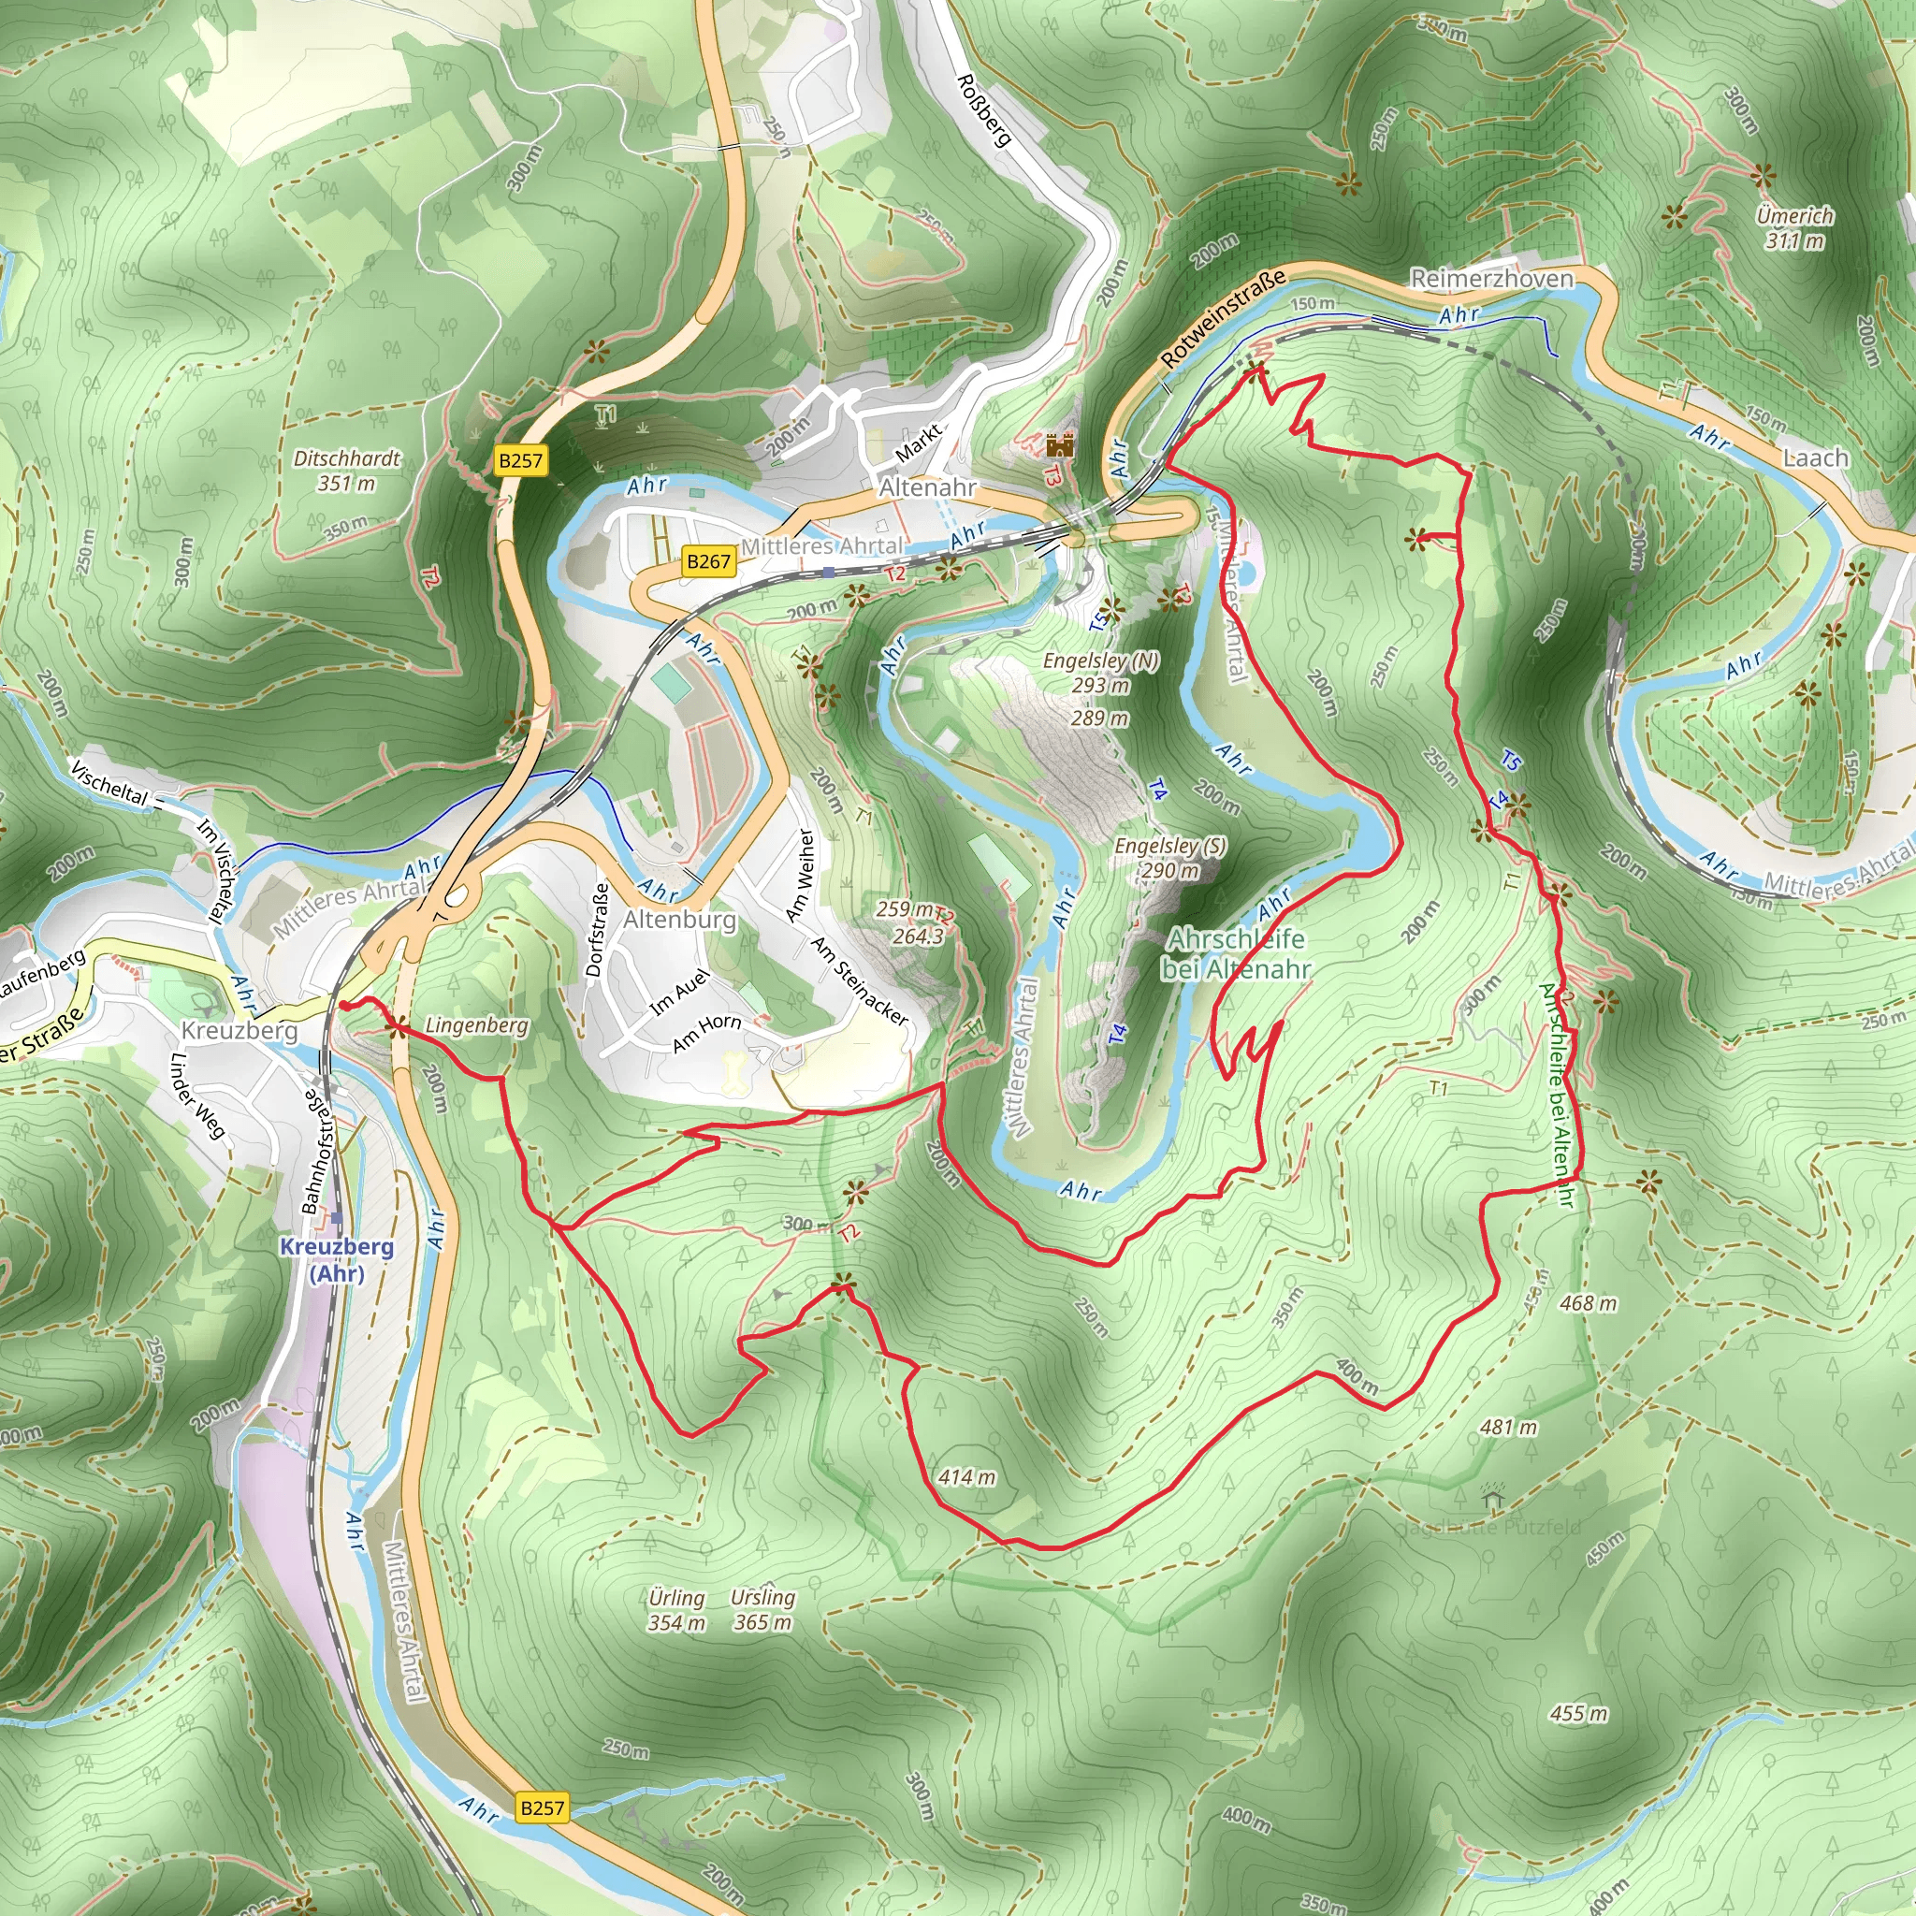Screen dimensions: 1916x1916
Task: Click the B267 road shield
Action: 708,561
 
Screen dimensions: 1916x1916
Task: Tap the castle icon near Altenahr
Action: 1060,444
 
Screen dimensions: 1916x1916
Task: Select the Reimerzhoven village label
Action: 1491,279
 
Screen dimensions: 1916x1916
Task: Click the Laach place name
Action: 1816,457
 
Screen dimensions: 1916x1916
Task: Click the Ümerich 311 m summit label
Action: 1794,228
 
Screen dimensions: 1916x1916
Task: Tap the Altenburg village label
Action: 680,920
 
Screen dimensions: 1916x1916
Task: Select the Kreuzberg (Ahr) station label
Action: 337,1259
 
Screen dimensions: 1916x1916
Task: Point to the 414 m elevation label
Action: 967,1476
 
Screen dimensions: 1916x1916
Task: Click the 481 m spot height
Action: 1508,1427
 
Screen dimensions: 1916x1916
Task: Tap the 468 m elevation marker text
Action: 1588,1303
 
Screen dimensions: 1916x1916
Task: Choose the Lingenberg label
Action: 476,1025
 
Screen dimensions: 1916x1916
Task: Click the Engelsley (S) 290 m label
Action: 1170,858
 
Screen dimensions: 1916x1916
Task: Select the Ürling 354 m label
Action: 676,1609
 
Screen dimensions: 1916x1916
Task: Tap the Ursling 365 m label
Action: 762,1609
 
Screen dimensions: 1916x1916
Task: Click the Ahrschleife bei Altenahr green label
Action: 1237,953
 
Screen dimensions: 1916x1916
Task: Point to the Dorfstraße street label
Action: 596,930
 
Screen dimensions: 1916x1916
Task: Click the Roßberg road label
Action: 984,110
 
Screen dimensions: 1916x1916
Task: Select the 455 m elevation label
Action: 1579,1714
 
